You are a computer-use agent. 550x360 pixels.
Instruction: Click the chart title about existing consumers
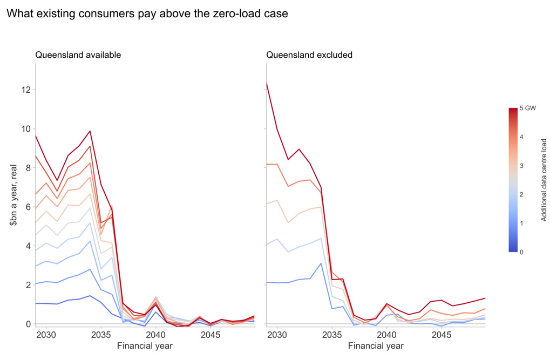coord(147,13)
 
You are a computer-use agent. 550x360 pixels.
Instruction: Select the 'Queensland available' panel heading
coord(78,55)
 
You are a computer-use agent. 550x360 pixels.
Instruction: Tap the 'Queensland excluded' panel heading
coord(309,55)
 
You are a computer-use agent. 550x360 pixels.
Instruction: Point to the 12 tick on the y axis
coord(26,90)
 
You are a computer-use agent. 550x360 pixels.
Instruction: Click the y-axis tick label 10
coord(26,129)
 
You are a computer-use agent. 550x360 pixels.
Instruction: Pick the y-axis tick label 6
coord(28,207)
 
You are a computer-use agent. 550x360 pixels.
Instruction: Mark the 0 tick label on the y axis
coord(28,324)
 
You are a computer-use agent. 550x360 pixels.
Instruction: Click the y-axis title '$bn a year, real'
coord(13,195)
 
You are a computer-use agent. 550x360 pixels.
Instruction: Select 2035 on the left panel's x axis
coord(101,335)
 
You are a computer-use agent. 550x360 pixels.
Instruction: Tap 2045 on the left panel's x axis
coord(211,335)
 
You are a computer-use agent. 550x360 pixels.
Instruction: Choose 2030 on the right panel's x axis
coord(277,335)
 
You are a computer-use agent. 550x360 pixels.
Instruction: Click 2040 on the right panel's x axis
coord(386,335)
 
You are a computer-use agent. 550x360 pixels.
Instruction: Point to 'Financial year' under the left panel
coord(145,346)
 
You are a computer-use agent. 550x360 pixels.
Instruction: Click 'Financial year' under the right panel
coord(376,346)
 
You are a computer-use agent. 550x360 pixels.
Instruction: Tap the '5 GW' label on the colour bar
coord(528,108)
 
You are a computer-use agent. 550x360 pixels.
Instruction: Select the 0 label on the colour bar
coord(521,252)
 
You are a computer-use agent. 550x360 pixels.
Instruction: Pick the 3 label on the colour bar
coord(521,166)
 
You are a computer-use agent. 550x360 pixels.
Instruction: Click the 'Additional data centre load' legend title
coord(544,180)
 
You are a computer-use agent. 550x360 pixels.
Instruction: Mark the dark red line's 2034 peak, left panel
coord(90,131)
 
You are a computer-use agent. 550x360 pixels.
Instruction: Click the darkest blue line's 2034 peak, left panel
coord(90,296)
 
